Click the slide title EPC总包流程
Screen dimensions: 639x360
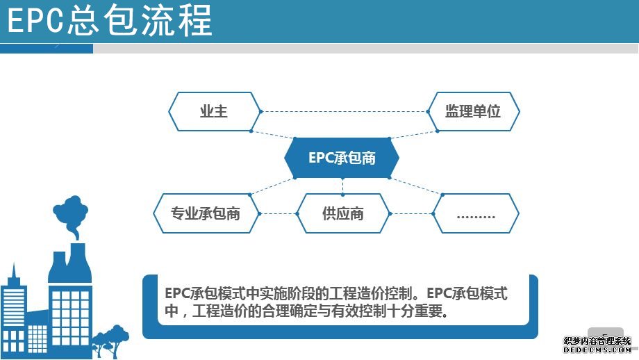(x=110, y=20)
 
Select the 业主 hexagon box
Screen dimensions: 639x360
(x=215, y=111)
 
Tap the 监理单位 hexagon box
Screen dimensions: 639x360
(x=473, y=111)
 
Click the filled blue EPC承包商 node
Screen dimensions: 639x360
(x=342, y=158)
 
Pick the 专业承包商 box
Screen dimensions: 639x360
(x=206, y=213)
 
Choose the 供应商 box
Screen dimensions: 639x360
(x=343, y=213)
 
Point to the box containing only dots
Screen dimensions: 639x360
(x=476, y=213)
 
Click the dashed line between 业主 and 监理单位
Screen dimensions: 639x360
(x=345, y=111)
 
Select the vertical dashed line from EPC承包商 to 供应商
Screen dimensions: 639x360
(x=342, y=186)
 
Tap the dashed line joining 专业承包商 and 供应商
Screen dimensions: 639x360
(x=279, y=213)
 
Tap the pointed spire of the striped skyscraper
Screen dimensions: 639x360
(x=15, y=272)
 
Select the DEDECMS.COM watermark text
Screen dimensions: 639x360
(x=597, y=350)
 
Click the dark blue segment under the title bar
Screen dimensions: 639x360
(x=47, y=49)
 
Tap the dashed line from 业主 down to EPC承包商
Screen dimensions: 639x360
(x=273, y=135)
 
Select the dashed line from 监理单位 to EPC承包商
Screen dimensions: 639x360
(x=413, y=135)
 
